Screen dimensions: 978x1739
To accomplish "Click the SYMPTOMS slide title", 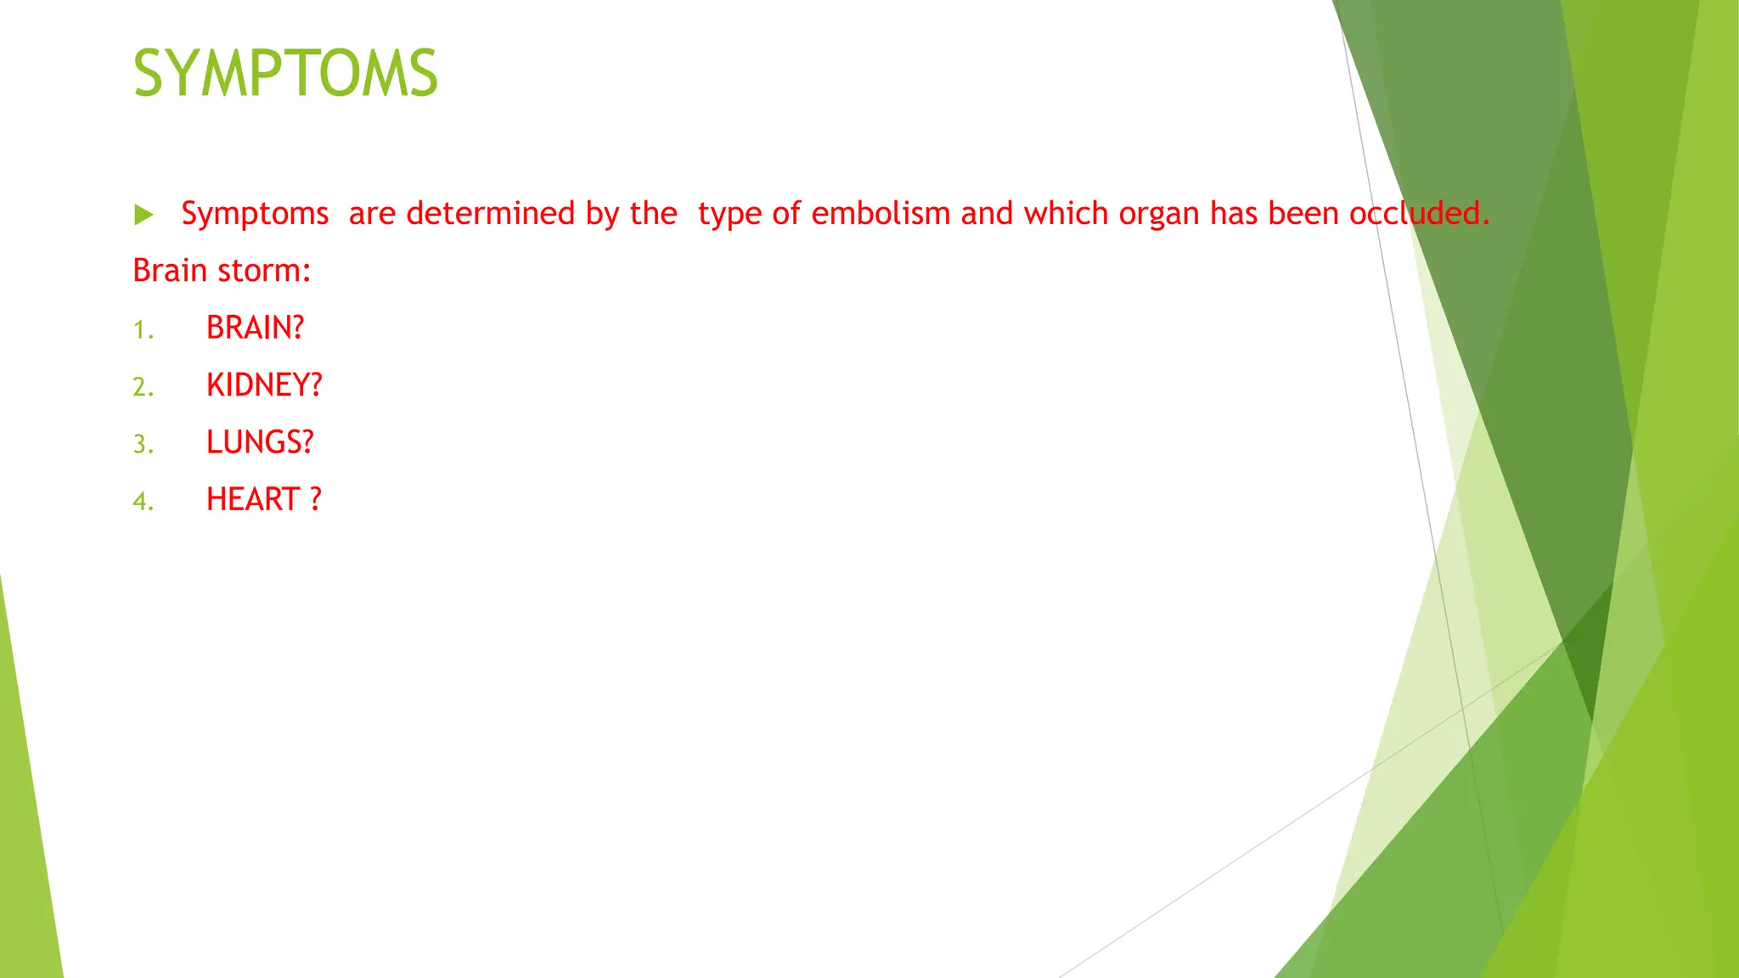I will pyautogui.click(x=285, y=74).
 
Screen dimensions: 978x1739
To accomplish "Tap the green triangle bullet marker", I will pyautogui.click(x=144, y=215).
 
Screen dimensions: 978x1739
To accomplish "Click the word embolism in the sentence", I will pyautogui.click(x=881, y=213).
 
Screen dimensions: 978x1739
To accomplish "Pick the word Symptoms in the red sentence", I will pyautogui.click(x=255, y=213).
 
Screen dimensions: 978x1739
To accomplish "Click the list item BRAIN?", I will pyautogui.click(x=255, y=328).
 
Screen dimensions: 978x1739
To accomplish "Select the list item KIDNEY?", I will pyautogui.click(x=264, y=385).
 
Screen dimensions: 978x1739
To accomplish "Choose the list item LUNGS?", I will pyautogui.click(x=260, y=442).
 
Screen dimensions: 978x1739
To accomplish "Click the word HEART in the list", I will pyautogui.click(x=253, y=499).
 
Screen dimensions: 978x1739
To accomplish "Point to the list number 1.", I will pyautogui.click(x=143, y=329).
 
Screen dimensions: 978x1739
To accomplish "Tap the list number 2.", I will pyautogui.click(x=143, y=387).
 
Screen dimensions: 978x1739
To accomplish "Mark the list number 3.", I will pyautogui.click(x=143, y=444).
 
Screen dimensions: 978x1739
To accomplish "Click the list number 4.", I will pyautogui.click(x=143, y=501).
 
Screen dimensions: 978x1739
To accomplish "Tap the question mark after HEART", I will pyautogui.click(x=316, y=499).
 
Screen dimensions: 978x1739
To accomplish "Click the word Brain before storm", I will pyautogui.click(x=170, y=271).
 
